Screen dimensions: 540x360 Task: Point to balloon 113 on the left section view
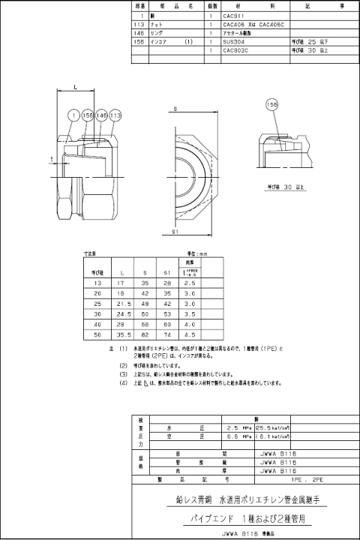[x=115, y=115]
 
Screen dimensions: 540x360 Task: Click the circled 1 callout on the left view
[x=73, y=115]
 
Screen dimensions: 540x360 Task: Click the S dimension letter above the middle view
[x=175, y=110]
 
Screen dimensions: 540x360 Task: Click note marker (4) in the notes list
[x=123, y=382]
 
